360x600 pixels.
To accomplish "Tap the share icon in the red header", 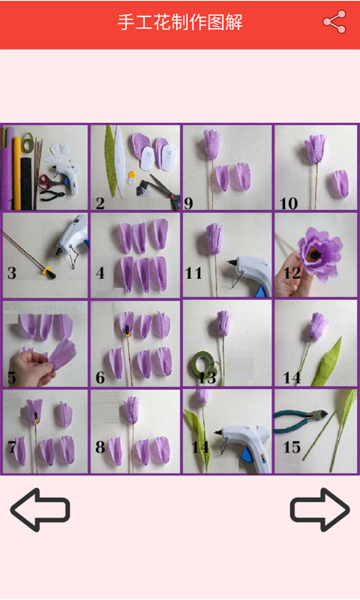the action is [334, 22].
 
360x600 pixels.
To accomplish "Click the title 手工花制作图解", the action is [180, 22].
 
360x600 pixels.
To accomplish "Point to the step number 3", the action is [12, 273].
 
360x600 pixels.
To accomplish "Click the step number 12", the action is [292, 273].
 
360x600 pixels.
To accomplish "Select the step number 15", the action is [292, 447].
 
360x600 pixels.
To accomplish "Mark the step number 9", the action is [188, 203].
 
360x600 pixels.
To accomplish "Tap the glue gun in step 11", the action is [250, 274].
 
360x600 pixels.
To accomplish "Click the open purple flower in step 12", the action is [319, 253].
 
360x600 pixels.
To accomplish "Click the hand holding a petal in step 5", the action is [28, 367].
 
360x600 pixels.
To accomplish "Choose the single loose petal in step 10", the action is [340, 183].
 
